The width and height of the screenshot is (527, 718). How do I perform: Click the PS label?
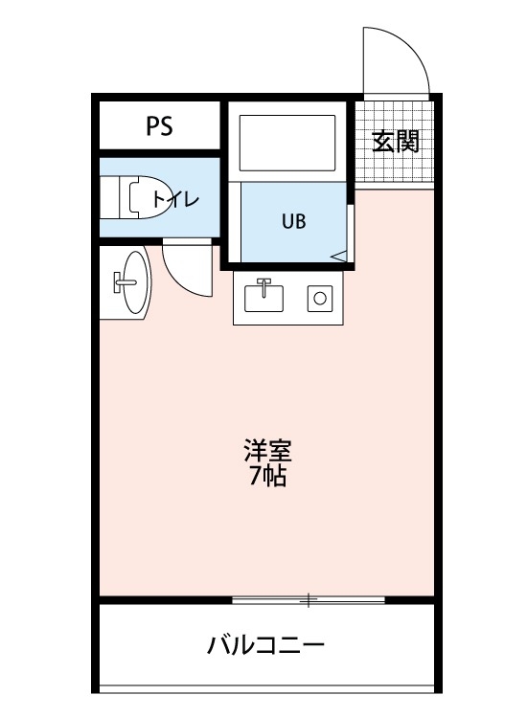(160, 126)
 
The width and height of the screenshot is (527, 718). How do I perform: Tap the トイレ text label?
(174, 199)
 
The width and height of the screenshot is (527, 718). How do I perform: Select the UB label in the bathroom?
(294, 221)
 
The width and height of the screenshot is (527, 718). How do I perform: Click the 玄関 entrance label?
(395, 143)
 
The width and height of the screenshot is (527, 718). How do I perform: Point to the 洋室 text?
(267, 450)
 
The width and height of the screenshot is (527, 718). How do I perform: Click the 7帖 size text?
(267, 476)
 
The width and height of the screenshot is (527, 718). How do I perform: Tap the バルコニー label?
(266, 644)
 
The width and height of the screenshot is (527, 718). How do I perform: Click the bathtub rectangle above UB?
(286, 144)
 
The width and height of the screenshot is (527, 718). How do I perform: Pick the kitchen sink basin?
(263, 298)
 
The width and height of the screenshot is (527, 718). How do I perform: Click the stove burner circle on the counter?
(319, 299)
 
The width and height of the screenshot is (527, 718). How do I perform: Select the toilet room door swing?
(186, 268)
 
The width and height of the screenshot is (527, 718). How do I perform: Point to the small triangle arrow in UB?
(339, 255)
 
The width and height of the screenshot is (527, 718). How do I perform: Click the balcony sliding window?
(309, 600)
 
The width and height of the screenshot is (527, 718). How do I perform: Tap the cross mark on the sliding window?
(309, 600)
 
